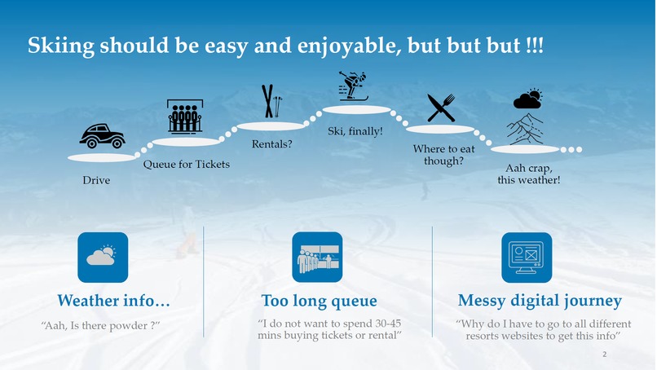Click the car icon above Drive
coord(102,136)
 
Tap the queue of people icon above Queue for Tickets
coord(185,117)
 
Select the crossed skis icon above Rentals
coord(270,102)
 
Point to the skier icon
coord(353,86)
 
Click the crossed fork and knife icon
coord(440,108)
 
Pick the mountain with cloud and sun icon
coord(527,118)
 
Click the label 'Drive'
coord(96,179)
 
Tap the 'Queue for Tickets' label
coord(187,164)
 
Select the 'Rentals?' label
coord(271,144)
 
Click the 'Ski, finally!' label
coord(355,130)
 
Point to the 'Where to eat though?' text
coord(443,155)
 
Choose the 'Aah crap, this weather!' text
coord(529,174)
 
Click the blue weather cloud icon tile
coord(103,258)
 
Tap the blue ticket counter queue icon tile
coord(317,258)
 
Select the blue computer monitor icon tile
coord(527,258)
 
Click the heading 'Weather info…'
coord(113,302)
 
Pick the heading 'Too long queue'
coord(319,302)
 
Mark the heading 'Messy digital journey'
coord(540,302)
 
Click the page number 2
coord(604,355)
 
